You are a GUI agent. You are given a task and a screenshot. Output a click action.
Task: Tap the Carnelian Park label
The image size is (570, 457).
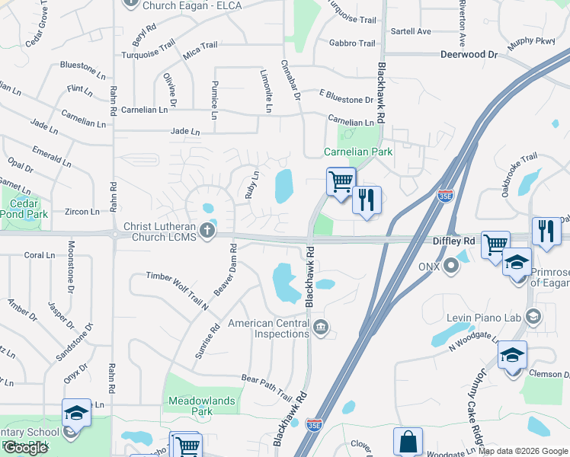[359, 152]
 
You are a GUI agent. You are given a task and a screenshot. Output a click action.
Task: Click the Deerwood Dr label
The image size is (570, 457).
[469, 55]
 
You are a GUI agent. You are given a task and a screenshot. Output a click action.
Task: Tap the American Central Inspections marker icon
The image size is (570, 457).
[322, 328]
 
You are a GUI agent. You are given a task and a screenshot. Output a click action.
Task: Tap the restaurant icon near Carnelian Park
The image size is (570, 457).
[367, 200]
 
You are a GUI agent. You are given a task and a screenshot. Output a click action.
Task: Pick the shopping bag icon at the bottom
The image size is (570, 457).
[408, 441]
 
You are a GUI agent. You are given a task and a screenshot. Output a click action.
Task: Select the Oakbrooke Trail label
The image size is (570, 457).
[520, 174]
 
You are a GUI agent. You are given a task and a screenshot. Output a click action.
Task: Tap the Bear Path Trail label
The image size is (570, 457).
[267, 387]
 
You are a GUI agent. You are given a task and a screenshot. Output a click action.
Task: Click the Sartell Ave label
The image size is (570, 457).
[411, 31]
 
